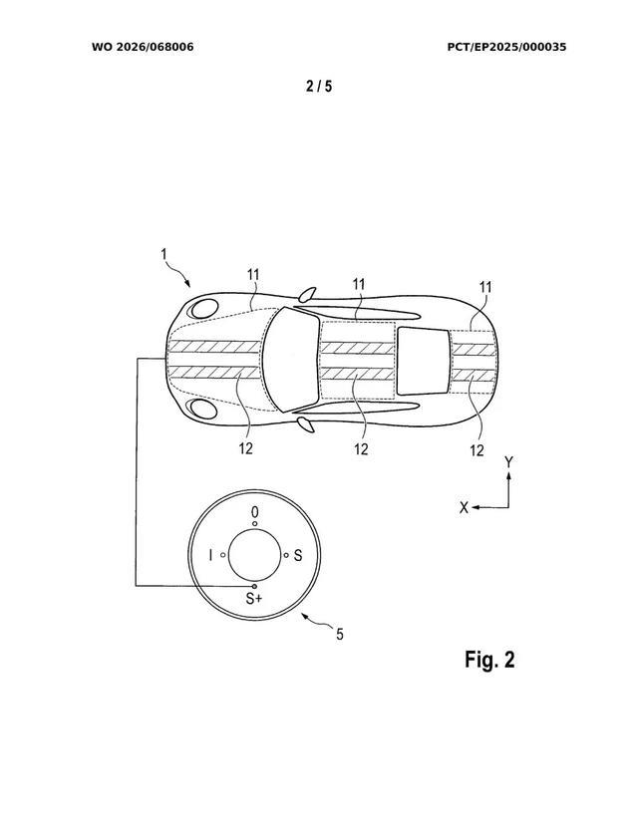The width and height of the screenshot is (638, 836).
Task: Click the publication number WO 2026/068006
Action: click(143, 47)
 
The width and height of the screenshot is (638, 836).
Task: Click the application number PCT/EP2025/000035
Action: click(506, 47)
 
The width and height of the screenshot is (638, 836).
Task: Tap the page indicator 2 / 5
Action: click(319, 86)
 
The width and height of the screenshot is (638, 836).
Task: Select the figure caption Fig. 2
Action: click(489, 660)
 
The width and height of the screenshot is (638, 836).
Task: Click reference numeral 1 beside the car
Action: click(164, 254)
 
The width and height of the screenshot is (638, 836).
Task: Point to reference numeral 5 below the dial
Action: click(340, 635)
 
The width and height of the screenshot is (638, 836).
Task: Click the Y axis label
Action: click(509, 461)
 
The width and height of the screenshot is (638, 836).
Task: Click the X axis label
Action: click(464, 508)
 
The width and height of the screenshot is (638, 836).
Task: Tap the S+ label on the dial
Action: click(254, 598)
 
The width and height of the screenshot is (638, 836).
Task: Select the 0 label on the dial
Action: click(255, 512)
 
